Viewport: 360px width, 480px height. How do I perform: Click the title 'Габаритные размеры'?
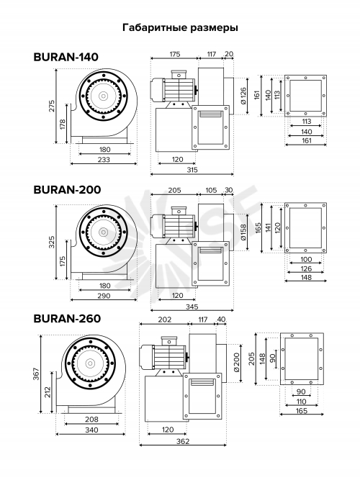point(180,27)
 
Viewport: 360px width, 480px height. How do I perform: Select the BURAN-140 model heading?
point(66,57)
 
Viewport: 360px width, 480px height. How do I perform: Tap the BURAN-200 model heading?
point(67,190)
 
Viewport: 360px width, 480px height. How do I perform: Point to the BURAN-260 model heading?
point(67,319)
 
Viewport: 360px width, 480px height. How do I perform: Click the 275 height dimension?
point(52,106)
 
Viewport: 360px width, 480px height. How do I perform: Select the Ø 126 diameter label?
point(243,96)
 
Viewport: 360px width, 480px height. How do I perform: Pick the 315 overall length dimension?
point(192,170)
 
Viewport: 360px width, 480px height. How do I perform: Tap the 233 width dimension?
point(104,160)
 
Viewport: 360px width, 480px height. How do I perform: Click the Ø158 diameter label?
point(243,232)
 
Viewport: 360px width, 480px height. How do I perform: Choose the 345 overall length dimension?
point(192,307)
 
